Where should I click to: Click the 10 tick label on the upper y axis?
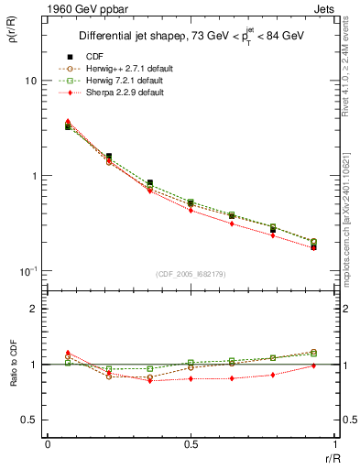(x=30, y=81)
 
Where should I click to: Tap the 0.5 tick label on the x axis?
(x=190, y=444)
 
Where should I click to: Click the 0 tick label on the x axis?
(x=48, y=444)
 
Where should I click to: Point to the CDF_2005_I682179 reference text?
(x=190, y=273)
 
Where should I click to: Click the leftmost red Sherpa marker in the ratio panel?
(x=68, y=352)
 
